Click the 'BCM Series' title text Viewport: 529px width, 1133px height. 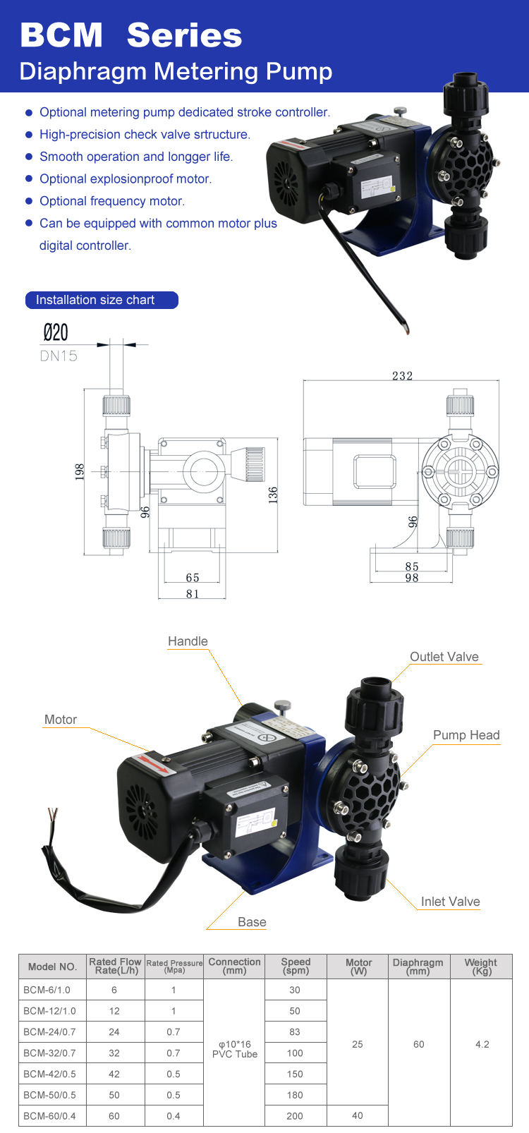(131, 35)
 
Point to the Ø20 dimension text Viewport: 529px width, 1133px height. (56, 332)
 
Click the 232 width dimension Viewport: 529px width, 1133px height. (402, 375)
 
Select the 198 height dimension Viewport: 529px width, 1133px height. (80, 471)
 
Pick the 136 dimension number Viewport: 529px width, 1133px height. (273, 494)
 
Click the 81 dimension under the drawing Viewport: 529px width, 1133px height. (193, 594)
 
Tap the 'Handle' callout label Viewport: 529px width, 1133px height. (188, 641)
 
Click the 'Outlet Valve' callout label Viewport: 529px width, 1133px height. (444, 657)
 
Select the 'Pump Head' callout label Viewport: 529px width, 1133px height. (466, 735)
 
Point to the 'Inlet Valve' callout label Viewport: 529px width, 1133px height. (450, 902)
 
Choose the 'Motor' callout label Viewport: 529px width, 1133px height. (61, 720)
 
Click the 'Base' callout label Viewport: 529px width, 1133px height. (252, 922)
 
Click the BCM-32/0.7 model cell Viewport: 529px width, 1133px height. (49, 1053)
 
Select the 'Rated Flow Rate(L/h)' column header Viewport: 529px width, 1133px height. (115, 966)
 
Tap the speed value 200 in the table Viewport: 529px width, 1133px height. (295, 1116)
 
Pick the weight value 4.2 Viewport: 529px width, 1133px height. (482, 1044)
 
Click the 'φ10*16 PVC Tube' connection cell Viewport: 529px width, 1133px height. (235, 1049)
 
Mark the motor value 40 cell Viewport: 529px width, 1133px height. (358, 1115)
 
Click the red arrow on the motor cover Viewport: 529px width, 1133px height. (154, 764)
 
